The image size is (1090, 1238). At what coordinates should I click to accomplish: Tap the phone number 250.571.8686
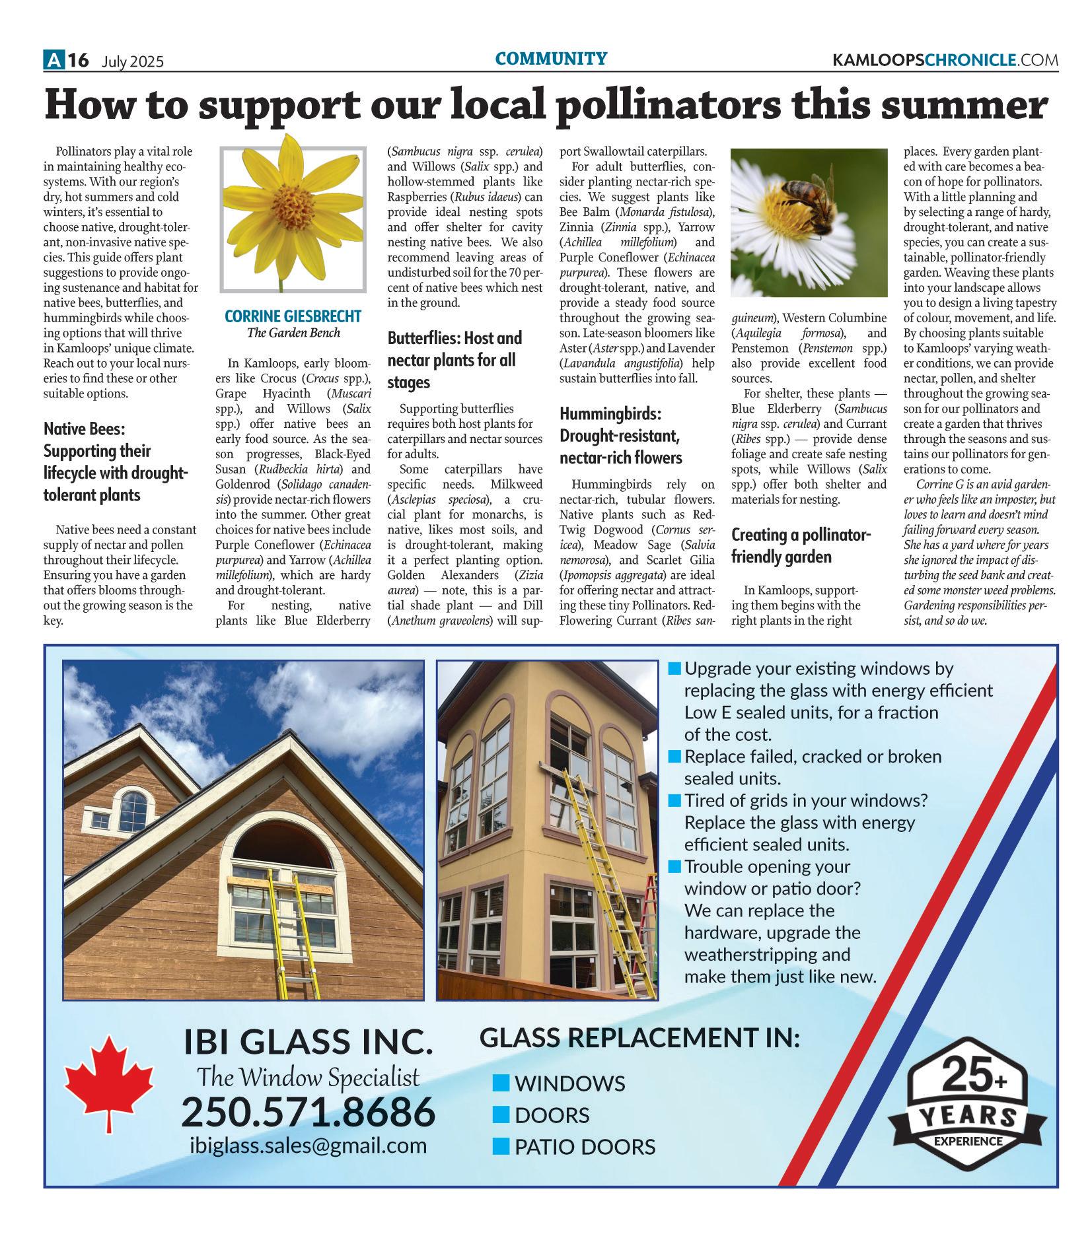309,1112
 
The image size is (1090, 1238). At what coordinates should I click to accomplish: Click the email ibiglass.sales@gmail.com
309,1145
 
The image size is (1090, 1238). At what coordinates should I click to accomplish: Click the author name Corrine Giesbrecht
293,316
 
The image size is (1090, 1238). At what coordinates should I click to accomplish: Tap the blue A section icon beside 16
53,61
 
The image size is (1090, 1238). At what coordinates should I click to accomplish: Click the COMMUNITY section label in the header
551,59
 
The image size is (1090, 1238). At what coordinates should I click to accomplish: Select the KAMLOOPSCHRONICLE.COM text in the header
945,61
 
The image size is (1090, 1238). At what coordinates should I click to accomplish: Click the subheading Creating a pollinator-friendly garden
801,545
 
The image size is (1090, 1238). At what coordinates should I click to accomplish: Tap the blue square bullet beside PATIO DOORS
501,1147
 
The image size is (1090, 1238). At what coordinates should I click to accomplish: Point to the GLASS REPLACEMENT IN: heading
639,1038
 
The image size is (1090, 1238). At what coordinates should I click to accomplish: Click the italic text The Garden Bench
293,333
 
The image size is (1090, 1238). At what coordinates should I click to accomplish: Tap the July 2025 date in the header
133,62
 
